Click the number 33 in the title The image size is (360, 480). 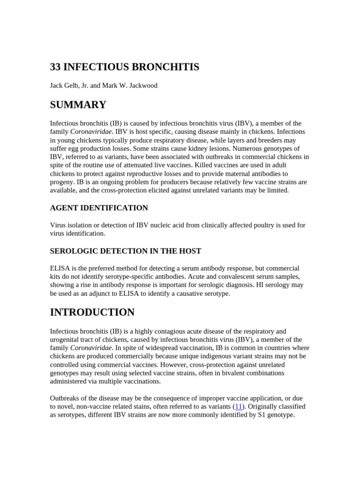pyautogui.click(x=55, y=67)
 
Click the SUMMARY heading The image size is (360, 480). pyautogui.click(x=78, y=105)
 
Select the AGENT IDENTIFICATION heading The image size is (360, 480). pyautogui.click(x=99, y=208)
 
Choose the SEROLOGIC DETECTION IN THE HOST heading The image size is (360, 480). pyautogui.click(x=126, y=251)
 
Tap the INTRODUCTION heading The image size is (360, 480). pyautogui.click(x=92, y=312)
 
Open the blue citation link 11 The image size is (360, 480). pyautogui.click(x=238, y=406)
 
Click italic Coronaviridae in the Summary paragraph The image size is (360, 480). pyautogui.click(x=91, y=132)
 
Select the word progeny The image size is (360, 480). pyautogui.click(x=62, y=182)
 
